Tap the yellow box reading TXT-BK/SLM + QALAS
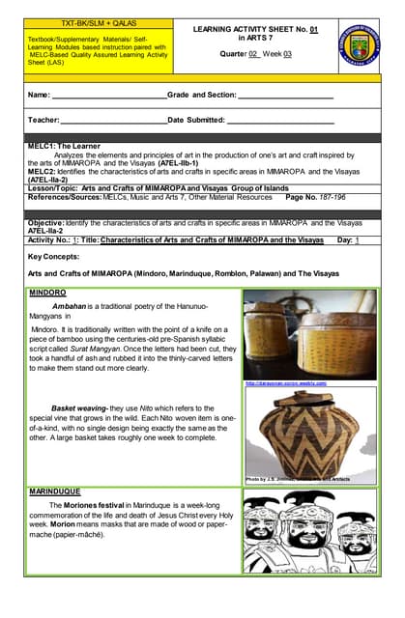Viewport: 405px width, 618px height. (86, 20)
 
